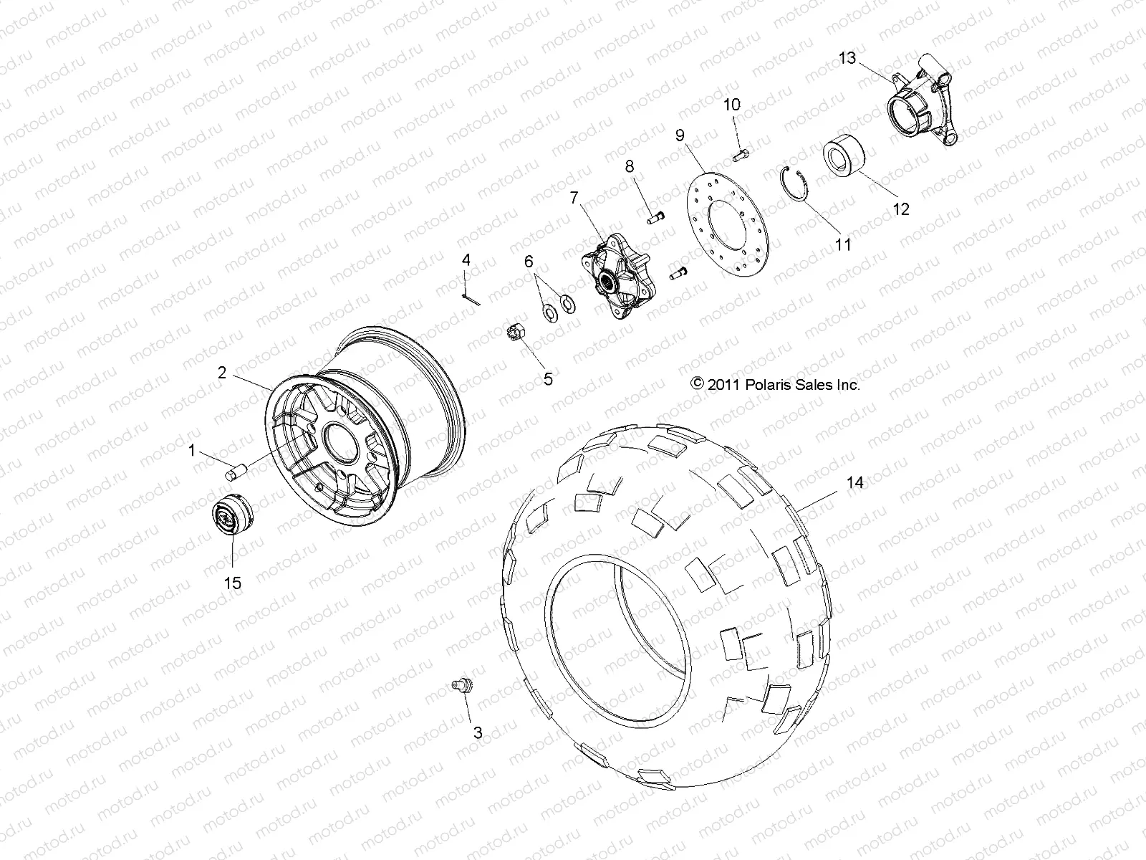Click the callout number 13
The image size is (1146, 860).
(847, 58)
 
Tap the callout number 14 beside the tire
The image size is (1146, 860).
(854, 483)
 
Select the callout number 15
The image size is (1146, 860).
(232, 583)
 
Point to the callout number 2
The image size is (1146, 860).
(222, 372)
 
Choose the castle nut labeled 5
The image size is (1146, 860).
(517, 333)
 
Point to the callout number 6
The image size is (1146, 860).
(529, 262)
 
